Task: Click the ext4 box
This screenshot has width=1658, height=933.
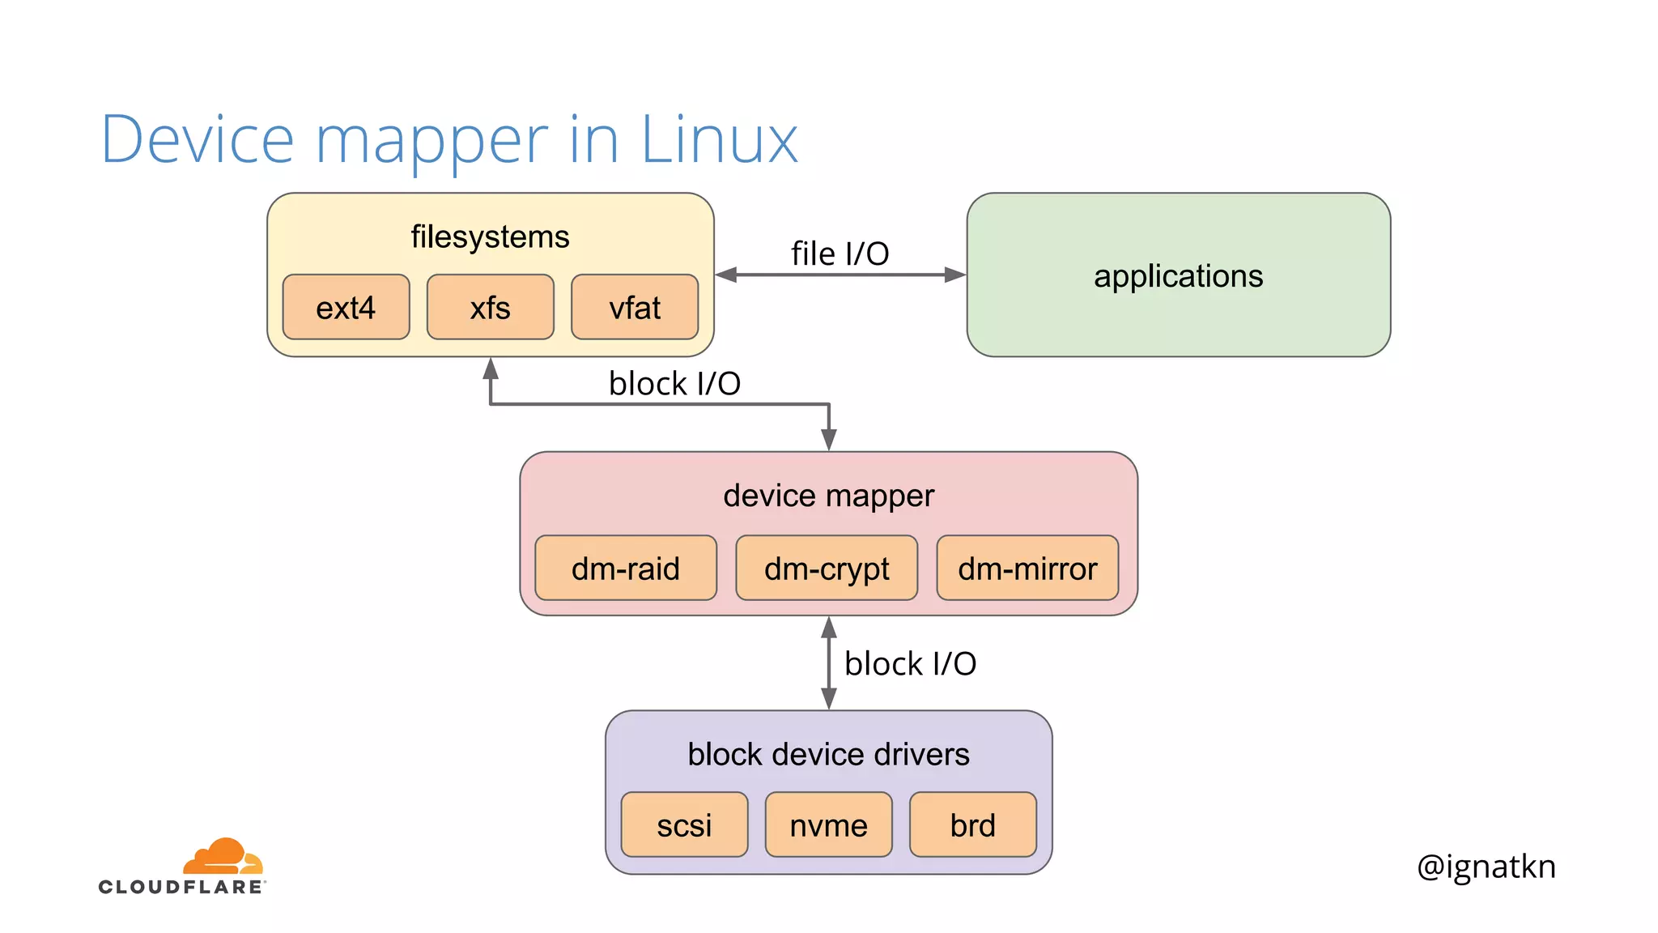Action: click(x=346, y=307)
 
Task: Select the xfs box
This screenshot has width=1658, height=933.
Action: click(x=490, y=307)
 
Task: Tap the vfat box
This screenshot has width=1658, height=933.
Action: click(x=635, y=307)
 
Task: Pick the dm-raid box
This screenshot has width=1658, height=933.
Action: click(x=625, y=568)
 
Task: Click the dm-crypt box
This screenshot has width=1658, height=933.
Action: click(x=826, y=568)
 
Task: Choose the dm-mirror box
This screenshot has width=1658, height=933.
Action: click(x=1027, y=568)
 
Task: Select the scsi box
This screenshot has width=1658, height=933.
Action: click(x=684, y=824)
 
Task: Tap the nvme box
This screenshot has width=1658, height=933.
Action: click(x=828, y=824)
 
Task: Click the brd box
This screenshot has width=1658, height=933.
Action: click(x=972, y=824)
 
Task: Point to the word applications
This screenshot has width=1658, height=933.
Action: click(x=1178, y=276)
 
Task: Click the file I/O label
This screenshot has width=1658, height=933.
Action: click(x=840, y=253)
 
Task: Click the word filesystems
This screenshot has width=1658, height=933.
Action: click(x=490, y=236)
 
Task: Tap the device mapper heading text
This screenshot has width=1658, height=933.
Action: click(x=828, y=496)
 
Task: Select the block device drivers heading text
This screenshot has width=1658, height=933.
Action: click(x=828, y=754)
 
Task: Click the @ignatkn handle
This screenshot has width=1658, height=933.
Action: click(x=1486, y=867)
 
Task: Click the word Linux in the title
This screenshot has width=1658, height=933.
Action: click(x=719, y=140)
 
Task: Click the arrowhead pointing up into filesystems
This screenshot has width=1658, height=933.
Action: click(x=491, y=369)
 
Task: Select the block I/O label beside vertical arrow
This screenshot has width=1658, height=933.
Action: click(x=910, y=663)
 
